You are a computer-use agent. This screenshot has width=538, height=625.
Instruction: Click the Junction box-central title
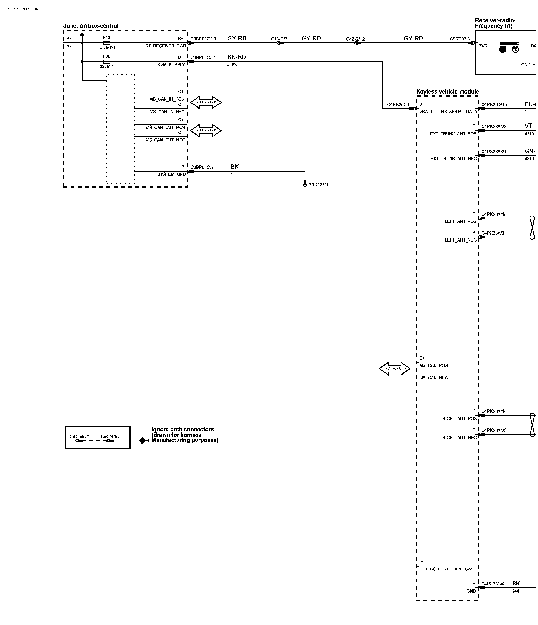pos(91,26)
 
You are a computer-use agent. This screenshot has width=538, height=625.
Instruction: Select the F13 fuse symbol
pos(106,43)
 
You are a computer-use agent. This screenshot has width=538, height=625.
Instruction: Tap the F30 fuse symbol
pos(106,61)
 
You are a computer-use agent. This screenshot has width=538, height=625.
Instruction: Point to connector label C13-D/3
pos(279,39)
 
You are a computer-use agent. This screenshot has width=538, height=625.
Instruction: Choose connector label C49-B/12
pos(355,39)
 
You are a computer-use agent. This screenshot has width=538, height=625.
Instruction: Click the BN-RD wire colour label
pos(237,57)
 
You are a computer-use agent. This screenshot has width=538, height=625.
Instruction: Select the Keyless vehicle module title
pos(447,92)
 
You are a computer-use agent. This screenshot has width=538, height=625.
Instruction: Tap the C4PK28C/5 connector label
pos(399,104)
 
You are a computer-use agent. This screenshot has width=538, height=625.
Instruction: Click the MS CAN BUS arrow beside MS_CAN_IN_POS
pos(206,102)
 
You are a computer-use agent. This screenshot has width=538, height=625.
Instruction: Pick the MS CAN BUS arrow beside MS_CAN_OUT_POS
pos(206,130)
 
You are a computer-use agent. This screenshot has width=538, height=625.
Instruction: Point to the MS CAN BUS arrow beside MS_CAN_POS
pos(394,368)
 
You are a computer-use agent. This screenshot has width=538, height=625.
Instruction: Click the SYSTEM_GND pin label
pos(171,174)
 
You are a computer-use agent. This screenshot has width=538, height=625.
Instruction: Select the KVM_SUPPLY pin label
pos(171,65)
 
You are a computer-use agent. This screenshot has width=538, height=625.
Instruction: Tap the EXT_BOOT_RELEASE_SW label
pos(445,569)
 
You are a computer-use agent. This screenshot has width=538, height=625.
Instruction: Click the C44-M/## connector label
pos(79,437)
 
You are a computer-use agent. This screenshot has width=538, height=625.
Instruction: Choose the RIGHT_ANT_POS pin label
pos(459,419)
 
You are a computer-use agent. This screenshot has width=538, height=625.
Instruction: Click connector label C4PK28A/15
pos(494,214)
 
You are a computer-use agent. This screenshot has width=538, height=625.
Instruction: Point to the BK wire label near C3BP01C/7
pos(234,167)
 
